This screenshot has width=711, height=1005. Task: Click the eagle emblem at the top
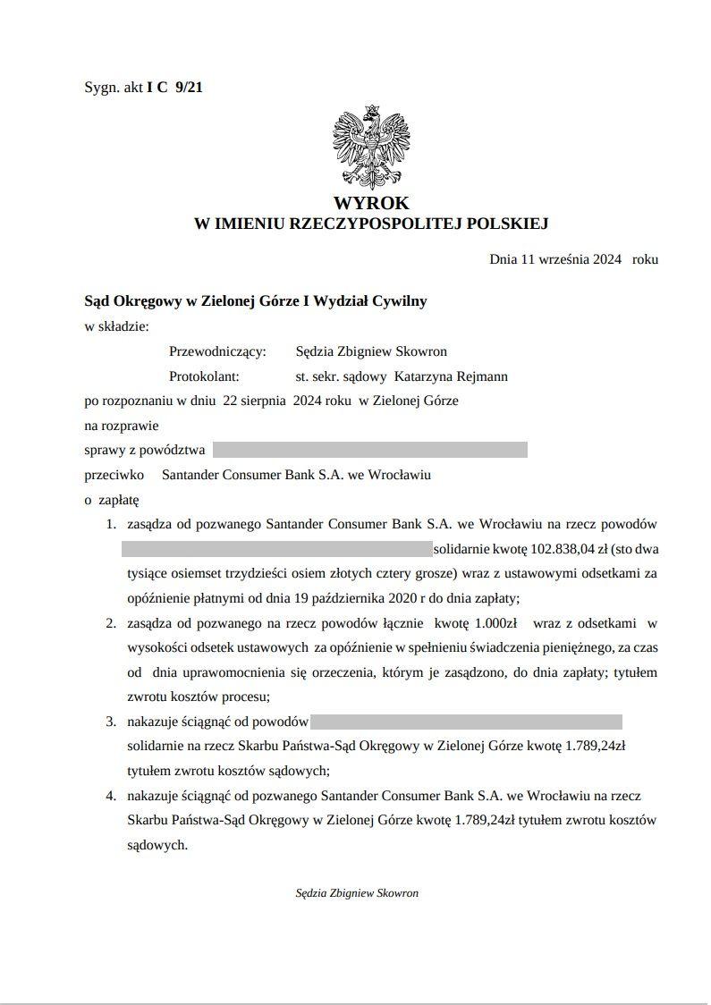pos(370,146)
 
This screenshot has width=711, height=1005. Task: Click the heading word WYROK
pos(370,203)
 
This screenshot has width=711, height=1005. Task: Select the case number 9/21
pos(190,88)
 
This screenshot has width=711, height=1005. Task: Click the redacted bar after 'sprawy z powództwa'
pos(369,450)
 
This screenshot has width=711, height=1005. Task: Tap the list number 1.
pos(111,524)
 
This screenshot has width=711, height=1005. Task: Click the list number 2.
pos(111,623)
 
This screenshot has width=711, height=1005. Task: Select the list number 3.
pos(111,721)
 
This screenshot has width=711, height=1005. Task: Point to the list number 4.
pos(111,795)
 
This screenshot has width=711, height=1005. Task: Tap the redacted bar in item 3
pos(466,721)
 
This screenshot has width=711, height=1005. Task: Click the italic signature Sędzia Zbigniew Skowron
pos(357,892)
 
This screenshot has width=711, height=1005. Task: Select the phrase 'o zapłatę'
pos(112,499)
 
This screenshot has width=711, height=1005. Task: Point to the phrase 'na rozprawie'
pos(121,426)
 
